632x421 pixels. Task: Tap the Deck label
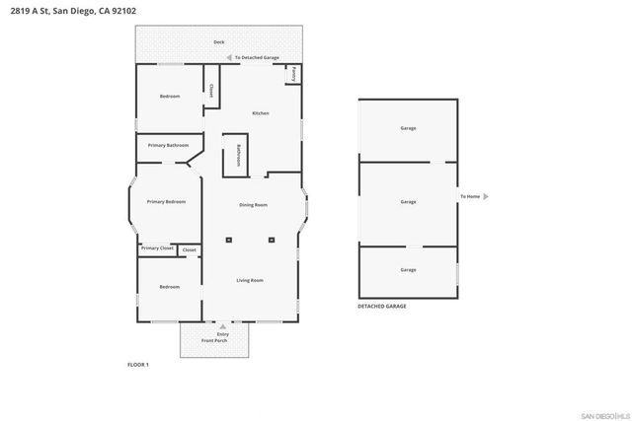[218, 41]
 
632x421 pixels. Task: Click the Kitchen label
[261, 113]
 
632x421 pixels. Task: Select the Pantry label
[293, 75]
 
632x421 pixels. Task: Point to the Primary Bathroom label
[168, 145]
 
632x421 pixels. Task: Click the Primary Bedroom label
[166, 201]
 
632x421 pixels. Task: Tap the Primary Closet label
[157, 248]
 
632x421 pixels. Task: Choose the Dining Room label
[254, 205]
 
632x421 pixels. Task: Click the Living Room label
[250, 281]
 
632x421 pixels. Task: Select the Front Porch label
[214, 340]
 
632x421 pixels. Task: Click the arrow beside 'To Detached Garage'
[229, 58]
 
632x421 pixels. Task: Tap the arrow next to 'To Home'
[485, 196]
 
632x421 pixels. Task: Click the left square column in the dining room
[229, 239]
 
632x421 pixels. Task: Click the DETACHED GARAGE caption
[382, 307]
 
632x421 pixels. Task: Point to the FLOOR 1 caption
[138, 365]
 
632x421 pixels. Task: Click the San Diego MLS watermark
[602, 413]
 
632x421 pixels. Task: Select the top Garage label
[408, 129]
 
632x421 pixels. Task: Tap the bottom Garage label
[408, 269]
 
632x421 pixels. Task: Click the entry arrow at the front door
[223, 324]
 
